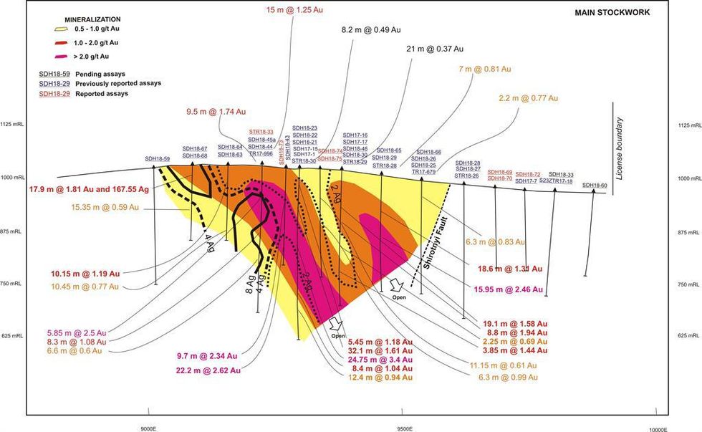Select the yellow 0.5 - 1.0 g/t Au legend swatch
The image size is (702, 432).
(x=47, y=31)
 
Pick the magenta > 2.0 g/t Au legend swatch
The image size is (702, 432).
(x=47, y=55)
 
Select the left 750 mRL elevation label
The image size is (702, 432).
(x=12, y=284)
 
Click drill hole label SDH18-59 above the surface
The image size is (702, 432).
(x=158, y=158)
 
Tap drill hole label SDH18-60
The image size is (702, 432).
(x=595, y=185)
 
